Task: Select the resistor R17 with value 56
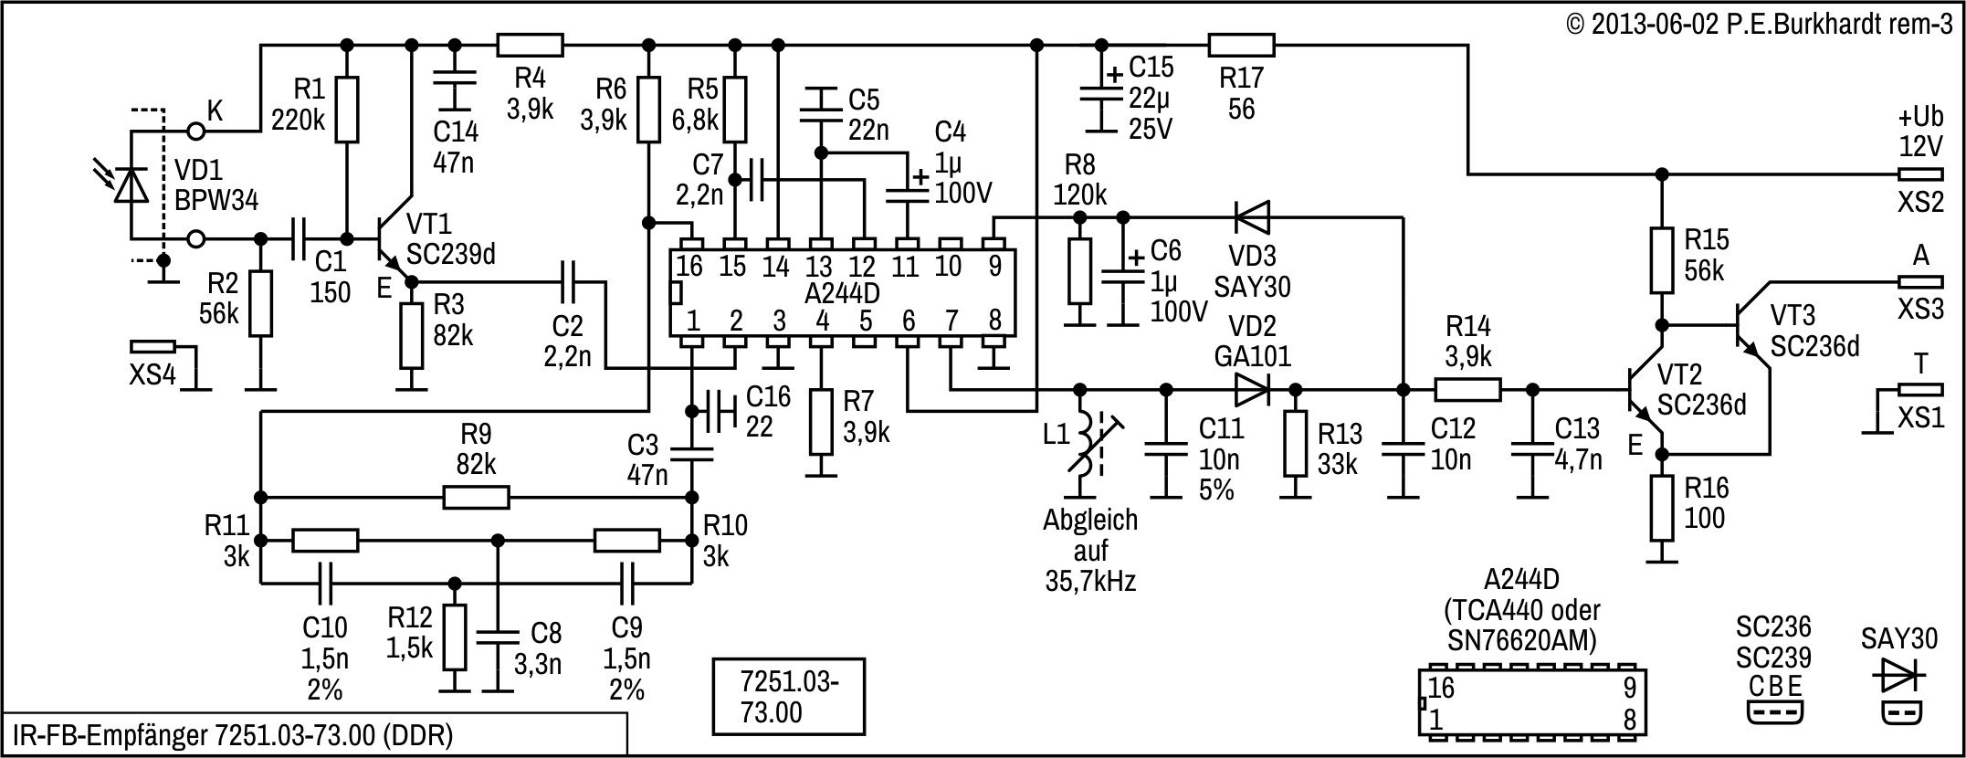[x=1240, y=45]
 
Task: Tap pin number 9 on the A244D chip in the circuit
[x=994, y=266]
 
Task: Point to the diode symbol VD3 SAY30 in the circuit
[x=1252, y=218]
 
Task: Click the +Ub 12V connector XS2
[x=1920, y=174]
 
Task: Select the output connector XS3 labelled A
[x=1920, y=281]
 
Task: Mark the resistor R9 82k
[x=476, y=498]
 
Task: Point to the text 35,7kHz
[x=1090, y=581]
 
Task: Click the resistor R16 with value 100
[x=1662, y=508]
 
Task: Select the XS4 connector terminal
[x=152, y=347]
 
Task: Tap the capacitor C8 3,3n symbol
[x=498, y=635]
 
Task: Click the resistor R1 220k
[x=346, y=110]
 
